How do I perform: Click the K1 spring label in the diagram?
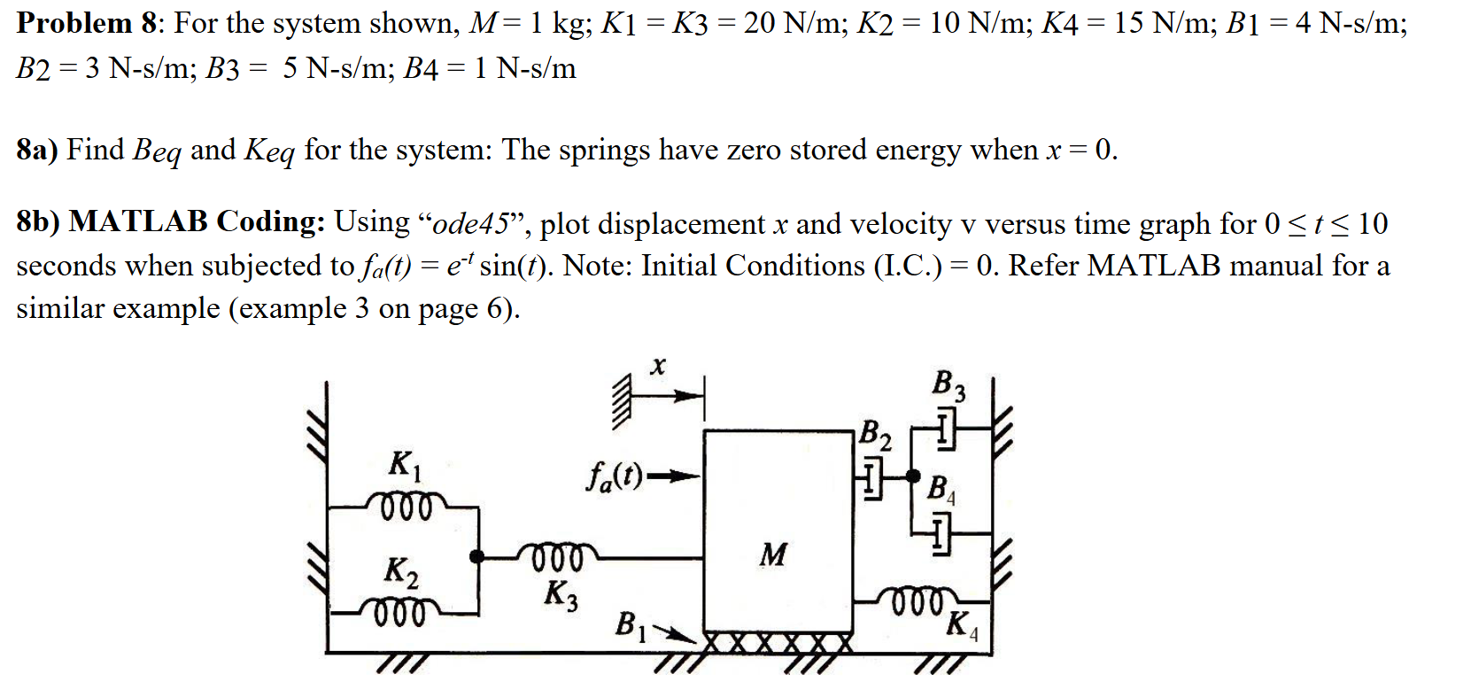(x=404, y=464)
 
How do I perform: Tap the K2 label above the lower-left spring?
(x=400, y=571)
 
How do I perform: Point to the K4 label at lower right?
(x=961, y=625)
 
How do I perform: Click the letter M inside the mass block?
(x=772, y=555)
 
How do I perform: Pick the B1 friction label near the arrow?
(x=631, y=625)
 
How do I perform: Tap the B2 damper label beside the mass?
(x=875, y=434)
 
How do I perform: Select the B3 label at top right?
(x=948, y=385)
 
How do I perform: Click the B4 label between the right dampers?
(x=940, y=489)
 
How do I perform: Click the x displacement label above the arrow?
(x=657, y=365)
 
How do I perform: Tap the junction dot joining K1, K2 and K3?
(x=476, y=556)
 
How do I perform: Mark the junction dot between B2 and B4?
(x=913, y=476)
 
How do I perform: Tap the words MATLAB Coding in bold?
(x=197, y=221)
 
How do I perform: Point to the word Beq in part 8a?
(x=157, y=151)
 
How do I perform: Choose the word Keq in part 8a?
(x=269, y=151)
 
